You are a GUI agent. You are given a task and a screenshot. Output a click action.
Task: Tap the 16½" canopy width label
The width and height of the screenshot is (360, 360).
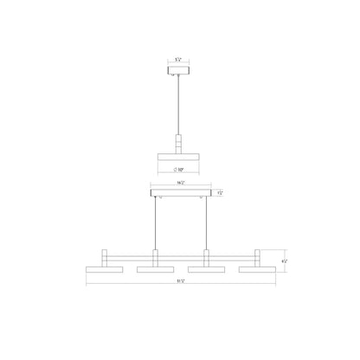click(x=180, y=183)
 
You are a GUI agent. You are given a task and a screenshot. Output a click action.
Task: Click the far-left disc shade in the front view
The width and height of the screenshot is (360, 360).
click(x=103, y=272)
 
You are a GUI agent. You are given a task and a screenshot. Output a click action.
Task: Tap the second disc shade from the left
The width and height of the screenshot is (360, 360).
click(x=156, y=272)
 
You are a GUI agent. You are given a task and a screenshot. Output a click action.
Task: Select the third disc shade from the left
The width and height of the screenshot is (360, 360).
click(x=207, y=272)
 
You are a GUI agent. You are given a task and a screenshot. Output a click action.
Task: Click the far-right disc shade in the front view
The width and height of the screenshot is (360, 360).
click(x=257, y=272)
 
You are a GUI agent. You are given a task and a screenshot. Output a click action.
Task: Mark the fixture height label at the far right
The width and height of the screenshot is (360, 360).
click(x=284, y=262)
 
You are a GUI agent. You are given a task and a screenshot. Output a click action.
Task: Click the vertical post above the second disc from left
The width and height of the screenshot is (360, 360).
click(x=156, y=257)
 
